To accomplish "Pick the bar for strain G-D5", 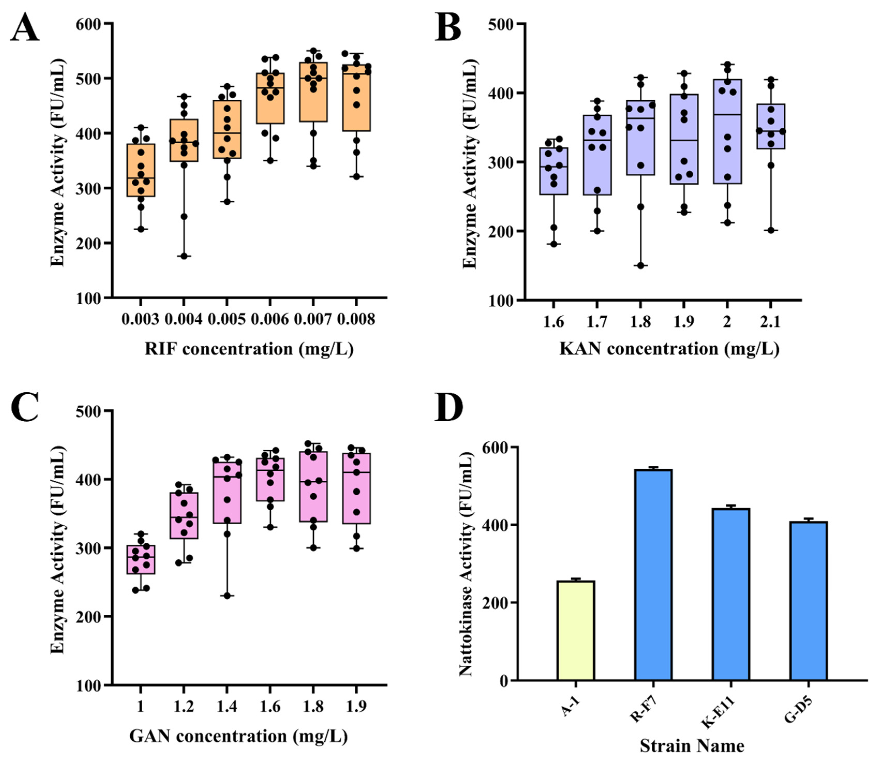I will tap(808, 601).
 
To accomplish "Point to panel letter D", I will tap(448, 408).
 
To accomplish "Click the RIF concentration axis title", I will tap(249, 349).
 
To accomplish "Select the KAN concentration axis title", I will tap(669, 349).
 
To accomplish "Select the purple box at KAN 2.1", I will tap(771, 126).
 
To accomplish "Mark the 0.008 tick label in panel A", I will tap(356, 319).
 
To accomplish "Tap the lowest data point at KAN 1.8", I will tap(641, 265).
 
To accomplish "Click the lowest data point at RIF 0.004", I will tap(184, 256).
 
